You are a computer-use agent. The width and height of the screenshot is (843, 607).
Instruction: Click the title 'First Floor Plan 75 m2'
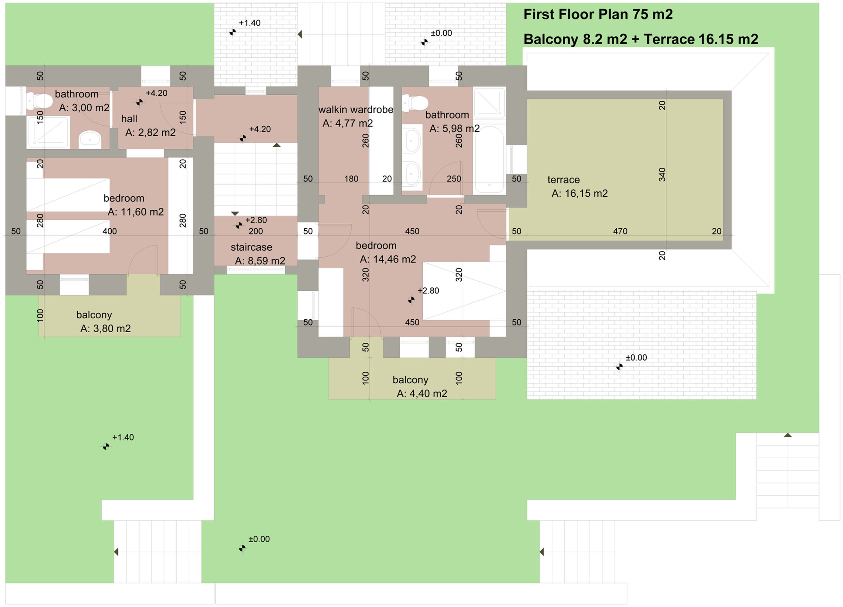pyautogui.click(x=598, y=15)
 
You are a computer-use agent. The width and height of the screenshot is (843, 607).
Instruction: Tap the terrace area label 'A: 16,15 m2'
pyautogui.click(x=580, y=193)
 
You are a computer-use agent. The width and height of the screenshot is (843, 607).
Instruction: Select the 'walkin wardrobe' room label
pyautogui.click(x=356, y=110)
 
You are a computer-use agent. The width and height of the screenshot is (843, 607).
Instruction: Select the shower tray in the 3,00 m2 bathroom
pyautogui.click(x=48, y=132)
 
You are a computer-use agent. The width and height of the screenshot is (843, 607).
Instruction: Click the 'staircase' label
pyautogui.click(x=251, y=247)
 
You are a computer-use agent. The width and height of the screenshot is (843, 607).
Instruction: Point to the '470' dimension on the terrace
pyautogui.click(x=620, y=231)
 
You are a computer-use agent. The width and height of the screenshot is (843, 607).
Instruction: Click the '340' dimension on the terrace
pyautogui.click(x=662, y=175)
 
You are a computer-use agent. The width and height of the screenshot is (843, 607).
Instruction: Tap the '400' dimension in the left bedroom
pyautogui.click(x=110, y=231)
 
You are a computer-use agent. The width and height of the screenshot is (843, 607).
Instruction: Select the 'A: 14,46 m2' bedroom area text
pyautogui.click(x=388, y=259)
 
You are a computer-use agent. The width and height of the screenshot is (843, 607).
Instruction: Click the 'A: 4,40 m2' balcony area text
pyautogui.click(x=422, y=393)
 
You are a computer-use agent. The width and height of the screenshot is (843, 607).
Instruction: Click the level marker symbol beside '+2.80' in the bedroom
pyautogui.click(x=411, y=300)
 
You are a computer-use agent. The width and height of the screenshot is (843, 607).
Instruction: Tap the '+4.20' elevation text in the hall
pyautogui.click(x=157, y=93)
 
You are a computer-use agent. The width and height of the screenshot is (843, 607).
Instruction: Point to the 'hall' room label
pyautogui.click(x=129, y=119)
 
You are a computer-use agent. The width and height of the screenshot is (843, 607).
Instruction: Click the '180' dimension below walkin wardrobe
pyautogui.click(x=351, y=179)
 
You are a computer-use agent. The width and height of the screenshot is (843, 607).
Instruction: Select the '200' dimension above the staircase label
pyautogui.click(x=256, y=231)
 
